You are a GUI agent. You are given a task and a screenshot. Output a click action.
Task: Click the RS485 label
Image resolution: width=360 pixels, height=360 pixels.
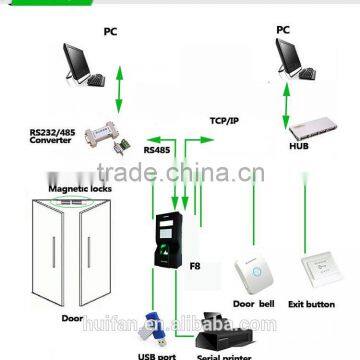click(x=157, y=150)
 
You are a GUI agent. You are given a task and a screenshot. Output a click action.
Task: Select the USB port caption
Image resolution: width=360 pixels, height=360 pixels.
click(x=151, y=352)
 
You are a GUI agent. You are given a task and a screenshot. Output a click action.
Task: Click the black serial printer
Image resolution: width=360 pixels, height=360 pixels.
click(x=217, y=327)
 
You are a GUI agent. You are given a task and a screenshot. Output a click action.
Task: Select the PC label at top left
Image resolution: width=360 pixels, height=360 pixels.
click(x=110, y=32)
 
